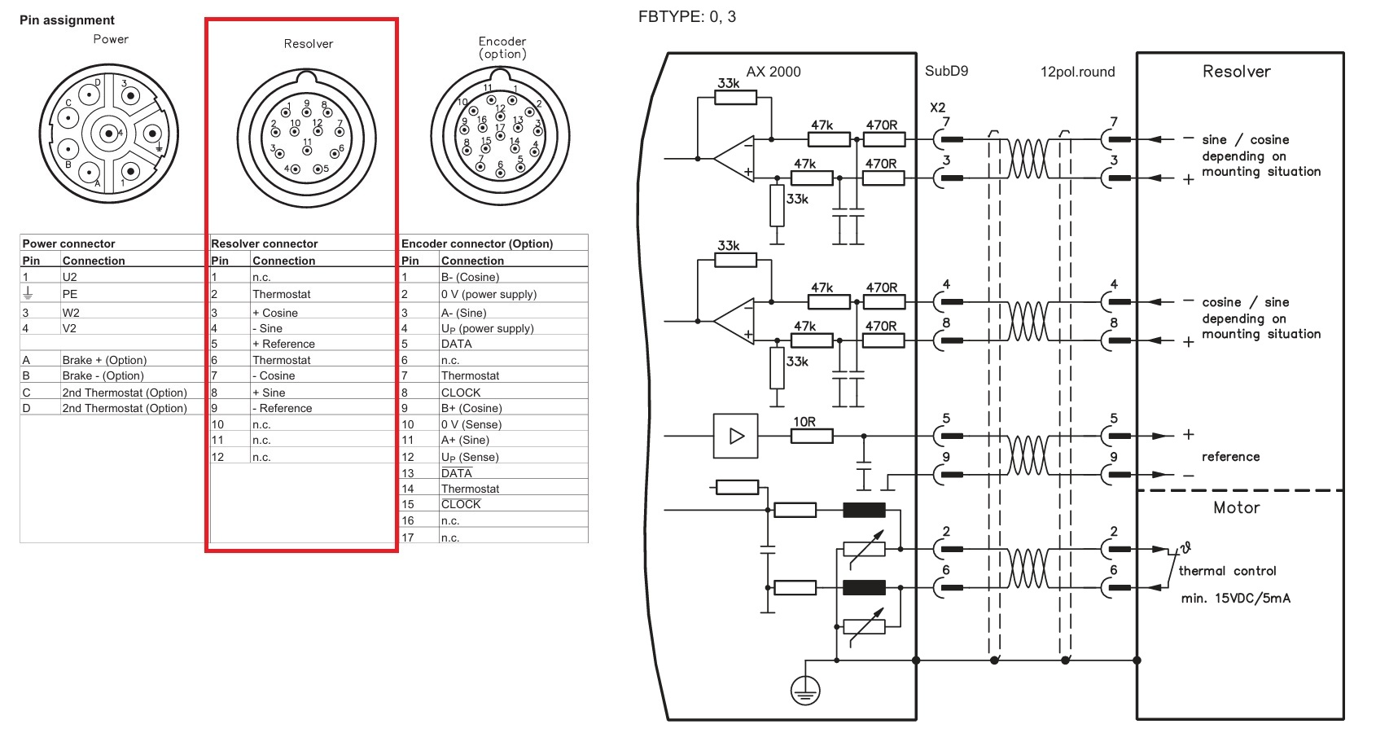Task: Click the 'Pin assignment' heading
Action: tap(67, 20)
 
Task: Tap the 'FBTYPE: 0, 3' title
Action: tap(686, 16)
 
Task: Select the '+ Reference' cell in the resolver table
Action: tap(283, 344)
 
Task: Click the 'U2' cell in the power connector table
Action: tap(69, 277)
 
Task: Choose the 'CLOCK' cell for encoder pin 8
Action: tap(461, 393)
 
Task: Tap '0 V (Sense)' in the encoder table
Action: tap(471, 424)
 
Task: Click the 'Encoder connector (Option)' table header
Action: tap(476, 244)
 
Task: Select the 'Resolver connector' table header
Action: tap(264, 244)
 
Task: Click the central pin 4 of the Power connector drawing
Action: tap(109, 134)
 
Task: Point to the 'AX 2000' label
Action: tap(773, 72)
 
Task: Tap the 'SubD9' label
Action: tap(946, 72)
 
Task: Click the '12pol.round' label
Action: tap(1077, 72)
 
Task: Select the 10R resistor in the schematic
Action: tap(812, 437)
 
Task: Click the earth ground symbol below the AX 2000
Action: tap(805, 691)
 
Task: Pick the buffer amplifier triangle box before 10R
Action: tap(735, 437)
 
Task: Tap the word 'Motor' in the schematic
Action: tap(1236, 508)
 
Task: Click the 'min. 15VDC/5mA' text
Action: tap(1235, 598)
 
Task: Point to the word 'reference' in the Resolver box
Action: tap(1230, 457)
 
